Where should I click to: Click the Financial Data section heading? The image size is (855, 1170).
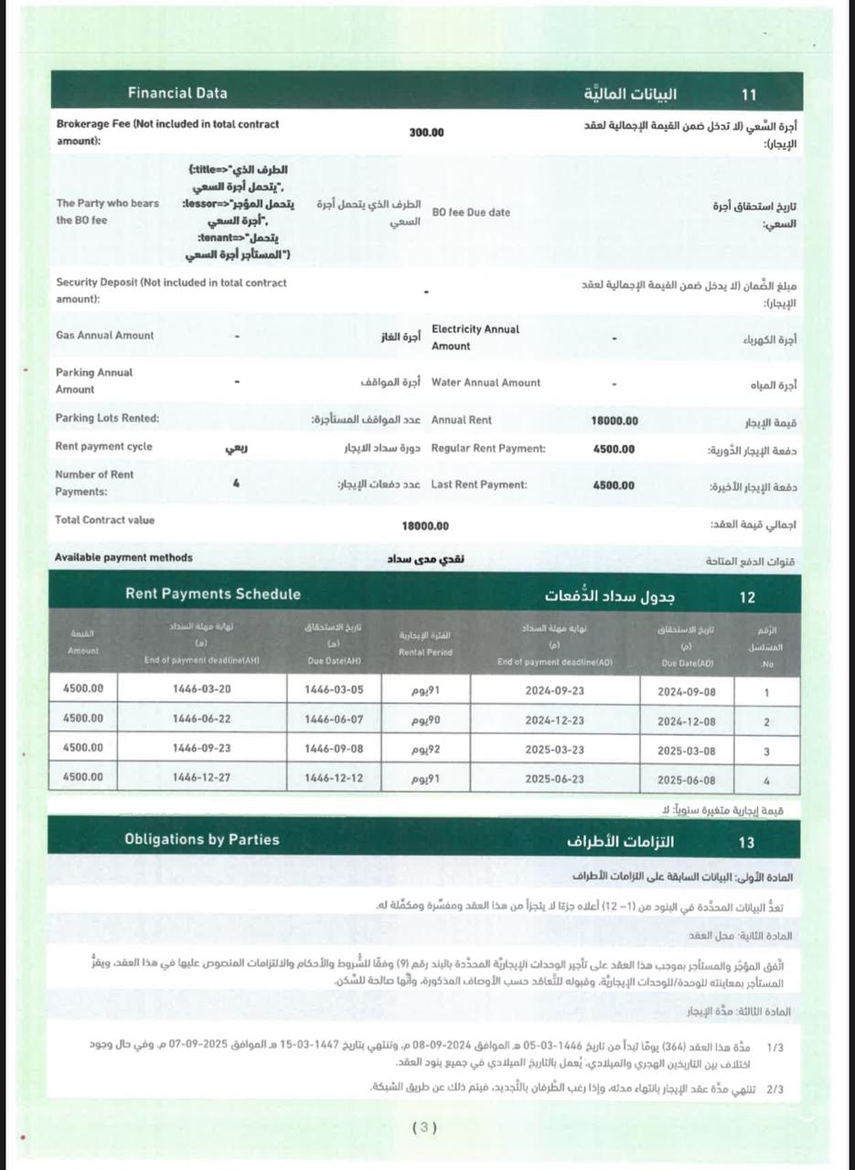coord(177,92)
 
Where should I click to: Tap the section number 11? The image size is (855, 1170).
coord(749,94)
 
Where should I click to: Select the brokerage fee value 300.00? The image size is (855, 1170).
coord(426,133)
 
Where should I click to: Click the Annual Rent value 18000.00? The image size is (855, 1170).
coord(615,421)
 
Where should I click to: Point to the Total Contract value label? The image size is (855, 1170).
coord(104,520)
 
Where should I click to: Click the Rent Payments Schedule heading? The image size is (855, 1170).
coord(212,594)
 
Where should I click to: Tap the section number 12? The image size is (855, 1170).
coord(747,597)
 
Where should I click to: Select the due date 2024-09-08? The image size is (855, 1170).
coord(686,693)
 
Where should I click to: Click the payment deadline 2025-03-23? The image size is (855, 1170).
coord(554,751)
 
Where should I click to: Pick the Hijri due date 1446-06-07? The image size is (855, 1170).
coord(333,720)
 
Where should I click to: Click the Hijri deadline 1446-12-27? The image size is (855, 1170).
coord(201,778)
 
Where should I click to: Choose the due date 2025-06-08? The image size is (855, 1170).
coord(686,781)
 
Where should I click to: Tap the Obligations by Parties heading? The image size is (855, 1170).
coord(201,839)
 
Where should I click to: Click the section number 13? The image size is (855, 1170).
coord(746,842)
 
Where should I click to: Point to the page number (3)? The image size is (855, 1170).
coord(424,1127)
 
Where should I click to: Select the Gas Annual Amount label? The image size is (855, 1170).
coord(104,335)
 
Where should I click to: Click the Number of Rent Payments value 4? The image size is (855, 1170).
coord(236,484)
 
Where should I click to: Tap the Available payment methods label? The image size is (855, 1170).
coord(123,558)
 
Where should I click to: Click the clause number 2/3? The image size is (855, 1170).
coord(775,1090)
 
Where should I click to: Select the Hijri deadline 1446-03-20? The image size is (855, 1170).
coord(201,689)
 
